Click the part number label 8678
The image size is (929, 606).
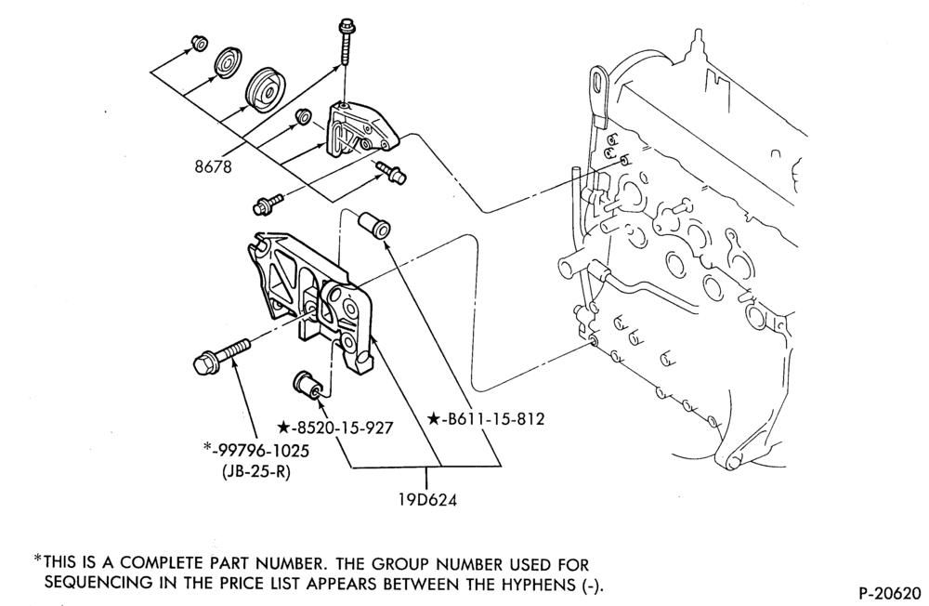click(x=214, y=166)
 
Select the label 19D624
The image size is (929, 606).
click(x=427, y=500)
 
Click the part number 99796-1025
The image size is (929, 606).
click(x=261, y=451)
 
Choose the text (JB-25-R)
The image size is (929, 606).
click(x=256, y=472)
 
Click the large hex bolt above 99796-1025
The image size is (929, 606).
click(x=222, y=355)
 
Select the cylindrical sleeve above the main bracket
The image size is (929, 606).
click(x=373, y=224)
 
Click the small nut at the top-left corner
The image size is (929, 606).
click(x=199, y=44)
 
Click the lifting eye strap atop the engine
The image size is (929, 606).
click(x=598, y=98)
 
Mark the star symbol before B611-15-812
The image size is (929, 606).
click(x=434, y=419)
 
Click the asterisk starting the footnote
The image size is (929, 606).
click(x=38, y=559)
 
